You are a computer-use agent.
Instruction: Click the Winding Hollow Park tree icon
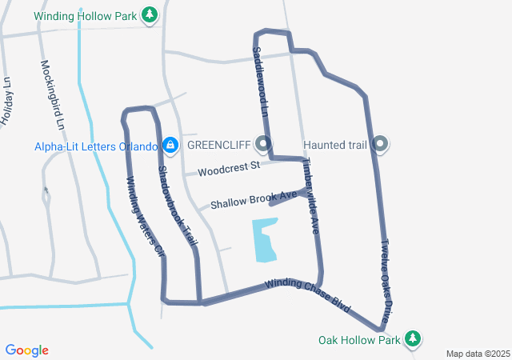149,15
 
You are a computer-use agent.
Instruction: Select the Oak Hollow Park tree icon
413,339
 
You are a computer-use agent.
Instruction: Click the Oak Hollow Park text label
358,340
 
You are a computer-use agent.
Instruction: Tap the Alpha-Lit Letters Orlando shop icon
170,145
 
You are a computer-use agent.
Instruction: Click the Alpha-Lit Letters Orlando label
95,146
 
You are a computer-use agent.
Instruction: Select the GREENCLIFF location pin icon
264,145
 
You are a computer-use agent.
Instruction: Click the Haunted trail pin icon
381,145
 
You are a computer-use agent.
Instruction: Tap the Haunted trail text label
334,145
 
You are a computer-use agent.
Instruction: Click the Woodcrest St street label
230,169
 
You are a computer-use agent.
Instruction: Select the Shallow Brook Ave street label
249,198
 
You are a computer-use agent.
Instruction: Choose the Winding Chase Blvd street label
308,294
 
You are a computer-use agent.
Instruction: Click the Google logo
27,350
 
